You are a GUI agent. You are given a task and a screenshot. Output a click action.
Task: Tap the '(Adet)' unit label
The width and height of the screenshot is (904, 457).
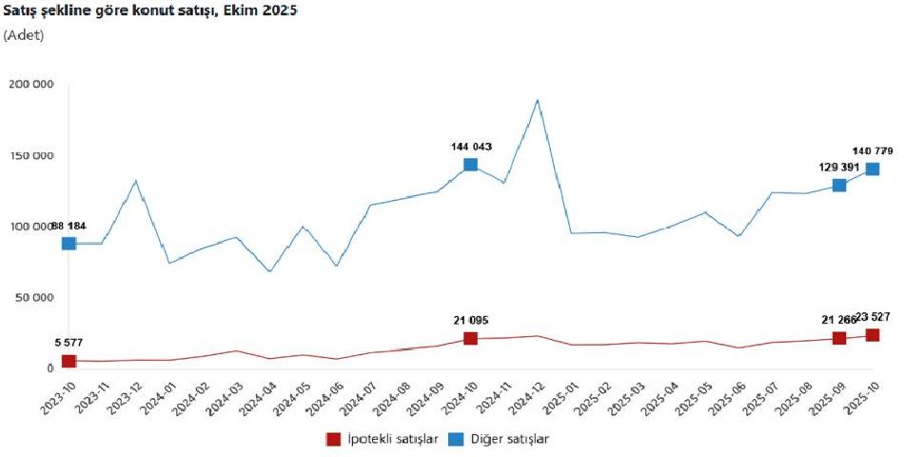[x=24, y=35]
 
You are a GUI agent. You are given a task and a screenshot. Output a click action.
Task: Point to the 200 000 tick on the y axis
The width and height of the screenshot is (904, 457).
[x=31, y=85]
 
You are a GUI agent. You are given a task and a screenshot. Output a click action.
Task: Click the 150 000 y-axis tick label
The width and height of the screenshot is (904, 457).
[x=31, y=156]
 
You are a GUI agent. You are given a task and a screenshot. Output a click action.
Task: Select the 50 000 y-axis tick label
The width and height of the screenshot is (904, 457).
[x=34, y=298]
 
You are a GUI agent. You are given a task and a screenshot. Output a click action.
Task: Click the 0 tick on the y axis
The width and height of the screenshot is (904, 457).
[x=50, y=368]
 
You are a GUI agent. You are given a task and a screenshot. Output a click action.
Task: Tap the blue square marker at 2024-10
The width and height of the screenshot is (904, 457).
[x=470, y=165]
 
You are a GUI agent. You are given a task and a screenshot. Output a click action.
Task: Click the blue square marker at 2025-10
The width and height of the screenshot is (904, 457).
[x=872, y=169]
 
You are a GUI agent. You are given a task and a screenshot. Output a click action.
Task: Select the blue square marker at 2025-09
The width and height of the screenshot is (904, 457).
[x=838, y=185]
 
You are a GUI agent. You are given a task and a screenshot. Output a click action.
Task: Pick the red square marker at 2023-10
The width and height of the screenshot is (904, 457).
[x=69, y=361]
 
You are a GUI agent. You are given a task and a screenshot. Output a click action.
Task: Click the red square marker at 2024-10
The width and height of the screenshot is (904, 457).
[x=470, y=339]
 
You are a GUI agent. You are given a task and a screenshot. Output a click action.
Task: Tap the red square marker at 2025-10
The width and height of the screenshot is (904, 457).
[x=872, y=335]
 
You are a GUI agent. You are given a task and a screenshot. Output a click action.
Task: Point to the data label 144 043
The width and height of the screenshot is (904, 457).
[x=470, y=147]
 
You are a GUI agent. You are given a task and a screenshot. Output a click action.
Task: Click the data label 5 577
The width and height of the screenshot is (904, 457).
[x=68, y=343]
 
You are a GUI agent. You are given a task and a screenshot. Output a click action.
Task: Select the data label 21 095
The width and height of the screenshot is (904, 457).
[x=470, y=321]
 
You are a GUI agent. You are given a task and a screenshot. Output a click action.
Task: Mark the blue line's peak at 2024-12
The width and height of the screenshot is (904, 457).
[x=538, y=100]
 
